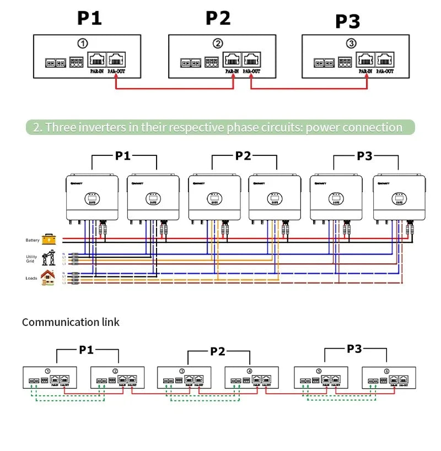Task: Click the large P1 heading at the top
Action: [x=89, y=18]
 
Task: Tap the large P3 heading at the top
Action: [x=347, y=21]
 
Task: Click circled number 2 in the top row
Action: [x=218, y=43]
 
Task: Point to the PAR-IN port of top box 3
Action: [x=365, y=59]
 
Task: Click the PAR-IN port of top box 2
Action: [x=232, y=59]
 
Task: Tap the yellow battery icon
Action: [x=49, y=240]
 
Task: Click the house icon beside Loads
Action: [x=49, y=277]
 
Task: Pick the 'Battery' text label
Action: [x=33, y=240]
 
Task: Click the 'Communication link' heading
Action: [x=71, y=322]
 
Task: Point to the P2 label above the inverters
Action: [x=243, y=156]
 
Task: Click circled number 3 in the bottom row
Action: [x=182, y=371]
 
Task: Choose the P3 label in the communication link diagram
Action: [x=354, y=349]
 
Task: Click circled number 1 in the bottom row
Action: [x=47, y=371]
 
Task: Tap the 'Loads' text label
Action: [x=31, y=278]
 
